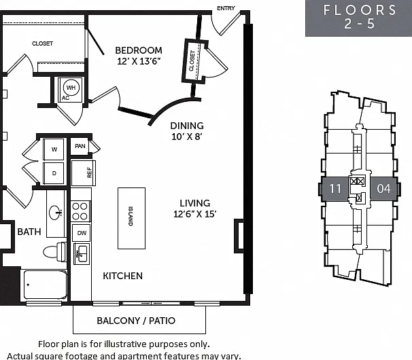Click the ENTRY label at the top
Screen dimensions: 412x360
coord(226,8)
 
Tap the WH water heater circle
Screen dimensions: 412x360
coord(71,88)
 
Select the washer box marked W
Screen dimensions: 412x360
coord(54,149)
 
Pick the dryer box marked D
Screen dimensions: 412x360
coord(54,173)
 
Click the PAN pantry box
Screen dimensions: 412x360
coord(80,146)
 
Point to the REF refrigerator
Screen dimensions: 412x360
coord(83,173)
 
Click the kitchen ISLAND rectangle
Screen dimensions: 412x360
coord(131,218)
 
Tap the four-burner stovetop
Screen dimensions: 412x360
coord(80,211)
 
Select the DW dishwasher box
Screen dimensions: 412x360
coord(82,233)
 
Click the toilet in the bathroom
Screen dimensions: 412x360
coord(54,251)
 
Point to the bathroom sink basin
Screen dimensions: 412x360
coord(56,213)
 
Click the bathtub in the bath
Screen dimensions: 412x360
coord(45,285)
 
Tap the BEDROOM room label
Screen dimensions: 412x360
coord(139,50)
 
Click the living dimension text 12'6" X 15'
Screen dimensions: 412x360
coord(194,214)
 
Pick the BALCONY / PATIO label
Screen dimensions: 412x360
coord(136,321)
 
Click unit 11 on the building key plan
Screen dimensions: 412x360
coord(335,189)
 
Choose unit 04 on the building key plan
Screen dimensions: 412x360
coord(383,189)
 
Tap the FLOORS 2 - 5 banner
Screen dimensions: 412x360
coord(359,18)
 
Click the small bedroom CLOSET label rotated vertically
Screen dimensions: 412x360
coord(192,60)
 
